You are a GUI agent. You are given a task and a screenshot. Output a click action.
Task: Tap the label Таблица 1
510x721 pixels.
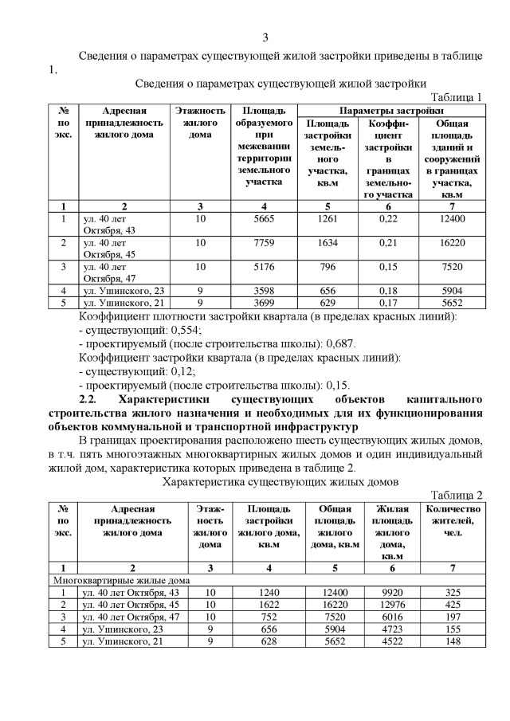coord(457,97)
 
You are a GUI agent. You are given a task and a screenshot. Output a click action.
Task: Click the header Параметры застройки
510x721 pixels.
coord(391,110)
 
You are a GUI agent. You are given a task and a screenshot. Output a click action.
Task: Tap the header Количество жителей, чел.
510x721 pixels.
coord(453,520)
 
